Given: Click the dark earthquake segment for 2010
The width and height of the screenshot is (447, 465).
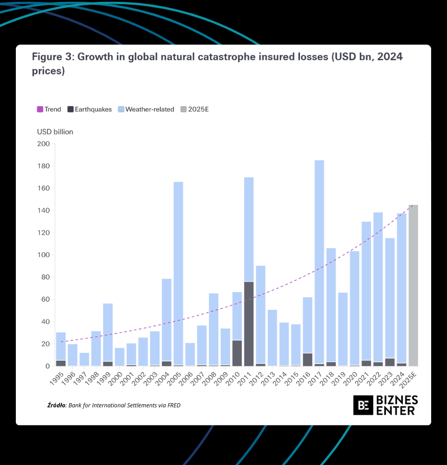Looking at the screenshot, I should click(237, 353).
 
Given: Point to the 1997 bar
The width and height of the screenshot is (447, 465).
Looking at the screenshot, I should click(84, 359).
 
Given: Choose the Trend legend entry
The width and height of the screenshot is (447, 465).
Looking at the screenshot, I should click(49, 109).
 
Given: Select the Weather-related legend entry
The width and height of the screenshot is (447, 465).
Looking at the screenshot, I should click(146, 109).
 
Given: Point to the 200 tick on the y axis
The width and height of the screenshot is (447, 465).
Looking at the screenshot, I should click(43, 144).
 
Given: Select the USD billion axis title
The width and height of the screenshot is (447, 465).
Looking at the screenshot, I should click(55, 132).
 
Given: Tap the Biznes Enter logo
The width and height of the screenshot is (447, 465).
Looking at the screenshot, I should click(385, 405).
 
